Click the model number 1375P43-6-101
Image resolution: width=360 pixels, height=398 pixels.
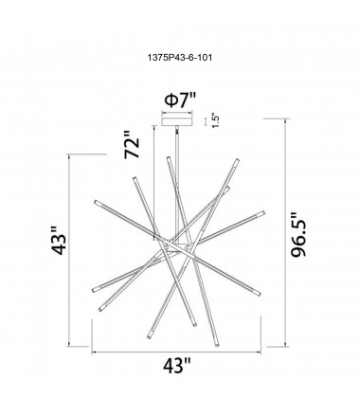tap(180, 57)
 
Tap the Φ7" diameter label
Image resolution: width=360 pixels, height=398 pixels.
tap(180, 100)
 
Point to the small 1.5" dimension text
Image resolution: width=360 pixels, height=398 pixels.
tap(215, 120)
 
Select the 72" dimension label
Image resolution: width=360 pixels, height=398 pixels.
tap(132, 145)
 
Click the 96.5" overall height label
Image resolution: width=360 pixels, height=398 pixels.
tap(298, 235)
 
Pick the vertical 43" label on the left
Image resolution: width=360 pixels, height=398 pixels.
tap(59, 241)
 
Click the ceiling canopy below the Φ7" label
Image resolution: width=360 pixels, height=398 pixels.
tap(177, 121)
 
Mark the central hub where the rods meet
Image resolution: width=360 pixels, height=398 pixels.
tap(177, 247)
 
